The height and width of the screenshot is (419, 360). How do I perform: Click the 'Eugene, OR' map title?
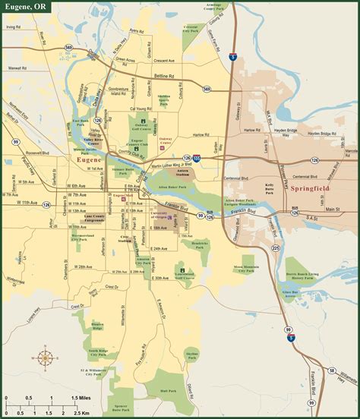(24, 7)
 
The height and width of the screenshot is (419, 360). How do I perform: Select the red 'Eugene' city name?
(88, 161)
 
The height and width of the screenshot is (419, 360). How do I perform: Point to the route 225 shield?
(276, 247)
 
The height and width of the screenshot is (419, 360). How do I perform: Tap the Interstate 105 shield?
(197, 158)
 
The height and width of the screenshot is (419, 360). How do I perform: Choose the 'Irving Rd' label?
(12, 27)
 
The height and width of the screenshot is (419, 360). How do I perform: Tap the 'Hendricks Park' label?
(199, 244)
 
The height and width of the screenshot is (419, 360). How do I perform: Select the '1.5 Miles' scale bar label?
(81, 397)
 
